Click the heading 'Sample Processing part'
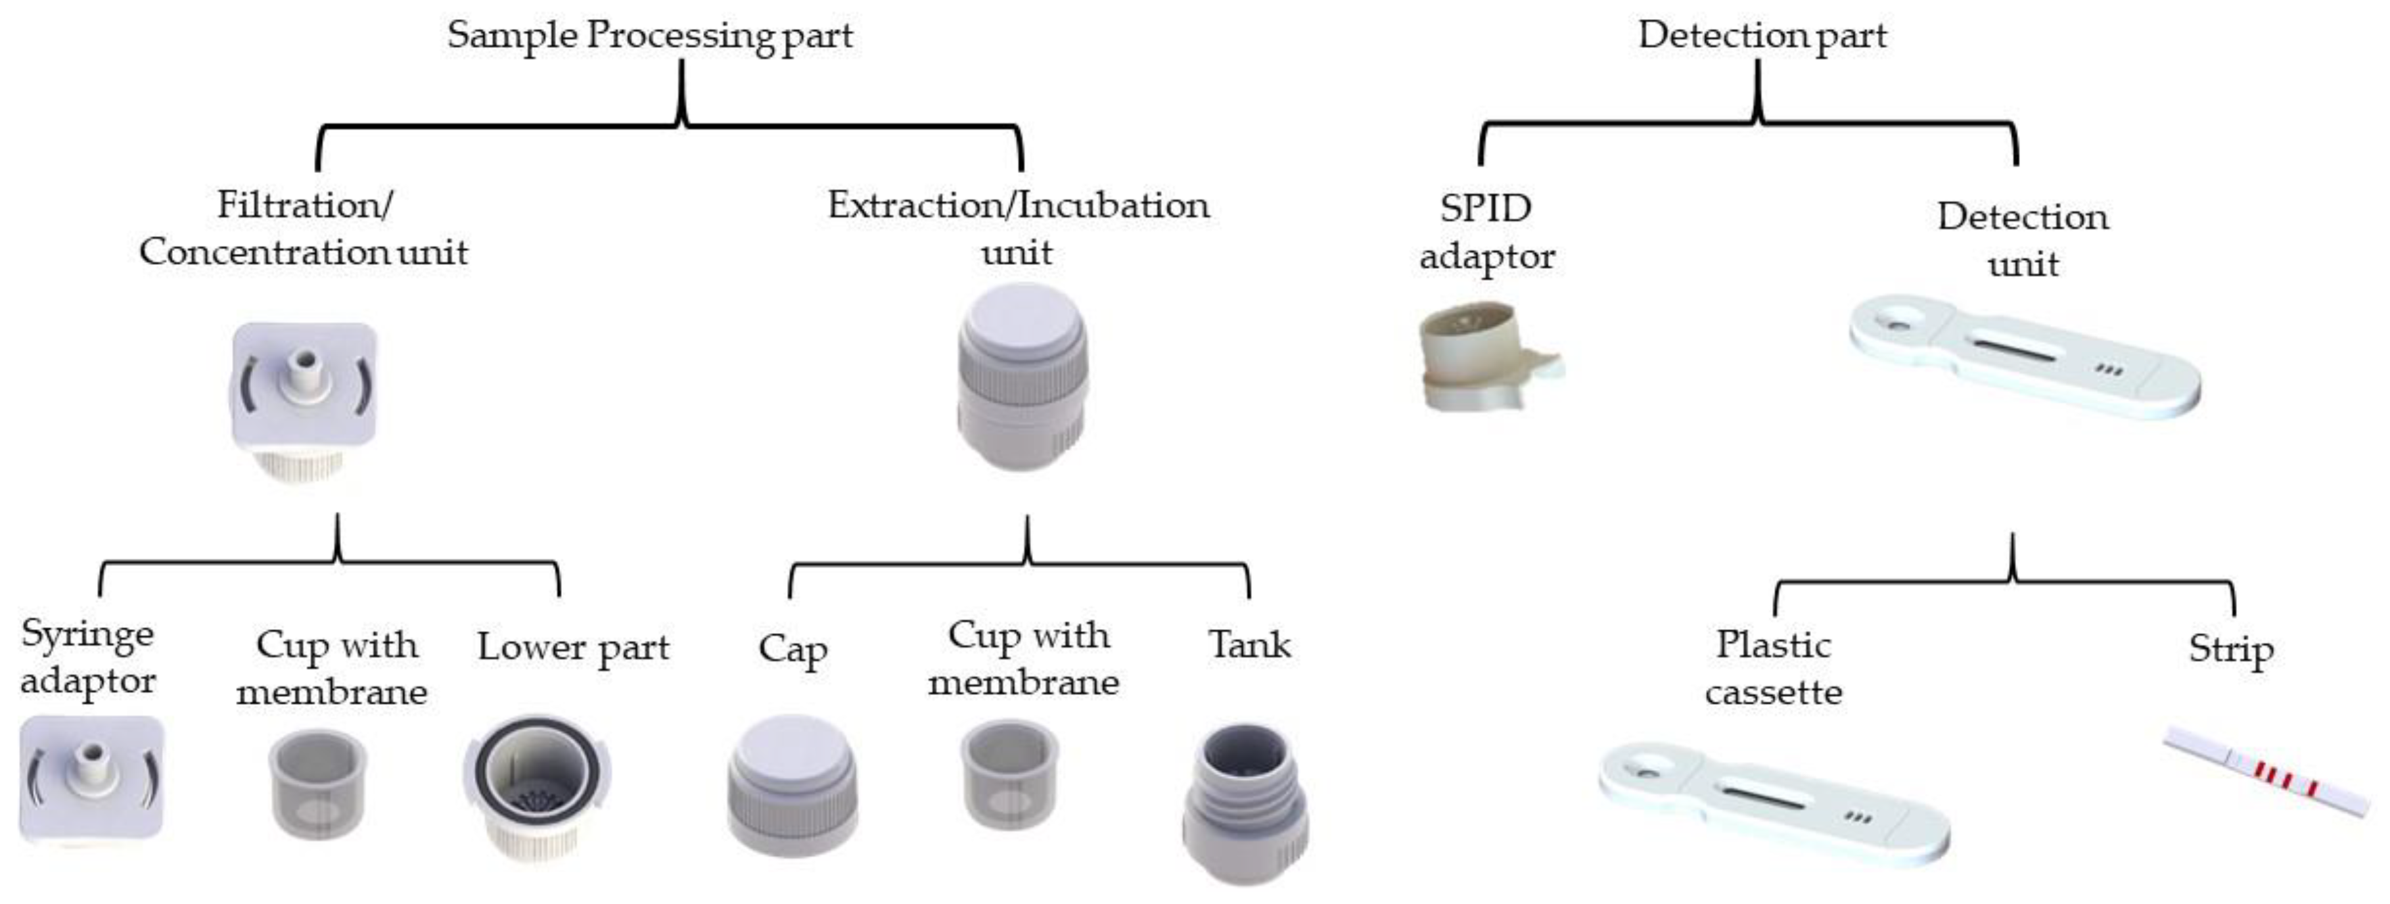649,36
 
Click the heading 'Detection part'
1762,36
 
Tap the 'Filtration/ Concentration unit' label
304,228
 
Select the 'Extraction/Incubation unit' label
1018,228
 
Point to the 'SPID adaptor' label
1486,232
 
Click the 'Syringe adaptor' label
88,657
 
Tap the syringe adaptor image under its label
91,778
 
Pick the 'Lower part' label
572,648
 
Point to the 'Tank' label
1249,645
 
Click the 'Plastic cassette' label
1773,668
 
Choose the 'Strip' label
2230,649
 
